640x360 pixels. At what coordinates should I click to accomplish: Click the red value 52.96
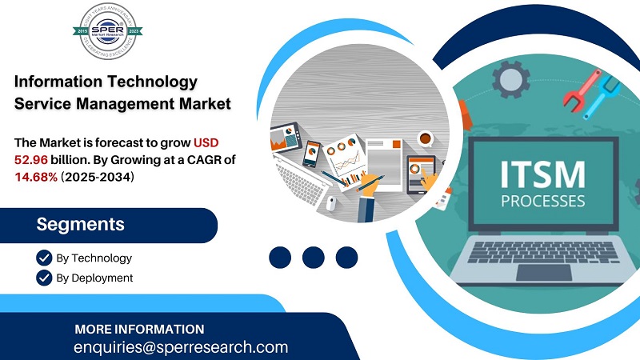[x=31, y=159]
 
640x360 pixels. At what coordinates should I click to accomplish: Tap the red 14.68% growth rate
[x=37, y=176]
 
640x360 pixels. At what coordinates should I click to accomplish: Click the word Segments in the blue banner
[x=80, y=224]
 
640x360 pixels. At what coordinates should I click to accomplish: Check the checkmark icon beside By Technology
[x=44, y=258]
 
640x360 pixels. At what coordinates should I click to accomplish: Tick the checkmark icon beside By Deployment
[x=44, y=278]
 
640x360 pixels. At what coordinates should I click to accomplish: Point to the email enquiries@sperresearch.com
[x=180, y=347]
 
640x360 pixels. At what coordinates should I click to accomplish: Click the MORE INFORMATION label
[x=139, y=329]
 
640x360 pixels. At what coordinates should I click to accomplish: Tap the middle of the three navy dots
[x=313, y=257]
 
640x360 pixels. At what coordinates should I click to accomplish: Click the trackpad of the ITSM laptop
[x=543, y=272]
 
